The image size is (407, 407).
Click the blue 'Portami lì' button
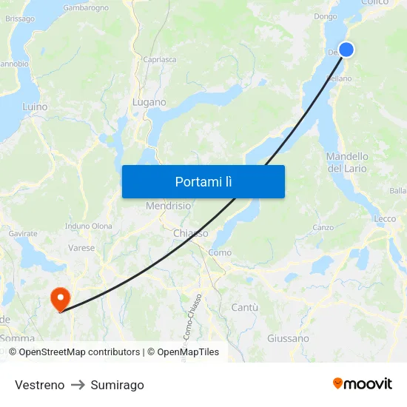click(203, 181)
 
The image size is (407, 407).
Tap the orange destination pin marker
click(59, 299)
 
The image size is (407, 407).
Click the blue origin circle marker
click(346, 50)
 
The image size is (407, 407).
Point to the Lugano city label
click(149, 102)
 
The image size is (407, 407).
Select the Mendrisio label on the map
click(168, 206)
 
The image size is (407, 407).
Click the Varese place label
click(81, 249)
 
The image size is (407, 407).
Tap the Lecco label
click(385, 219)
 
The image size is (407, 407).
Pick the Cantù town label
click(245, 307)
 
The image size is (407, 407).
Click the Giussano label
click(288, 338)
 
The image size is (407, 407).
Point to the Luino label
click(35, 107)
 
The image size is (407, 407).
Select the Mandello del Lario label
click(347, 162)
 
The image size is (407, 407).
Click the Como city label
click(220, 252)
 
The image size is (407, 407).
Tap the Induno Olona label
click(89, 226)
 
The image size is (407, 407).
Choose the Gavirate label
click(23, 234)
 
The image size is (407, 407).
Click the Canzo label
click(323, 227)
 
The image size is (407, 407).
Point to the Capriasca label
click(160, 59)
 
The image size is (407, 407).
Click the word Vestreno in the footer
click(39, 385)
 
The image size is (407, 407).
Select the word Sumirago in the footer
click(117, 385)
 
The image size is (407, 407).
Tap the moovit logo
click(362, 383)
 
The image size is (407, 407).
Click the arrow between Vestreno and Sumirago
click(78, 385)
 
